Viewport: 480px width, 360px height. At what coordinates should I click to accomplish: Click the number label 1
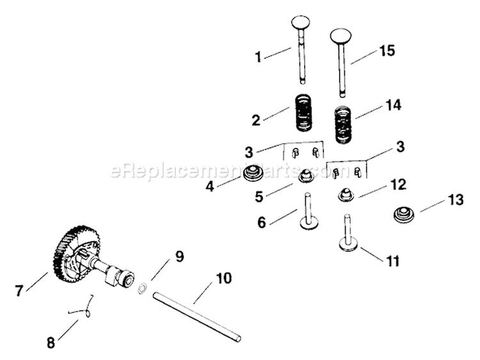pyautogui.click(x=259, y=57)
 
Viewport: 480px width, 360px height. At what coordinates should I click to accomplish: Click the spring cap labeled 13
pyautogui.click(x=404, y=215)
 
